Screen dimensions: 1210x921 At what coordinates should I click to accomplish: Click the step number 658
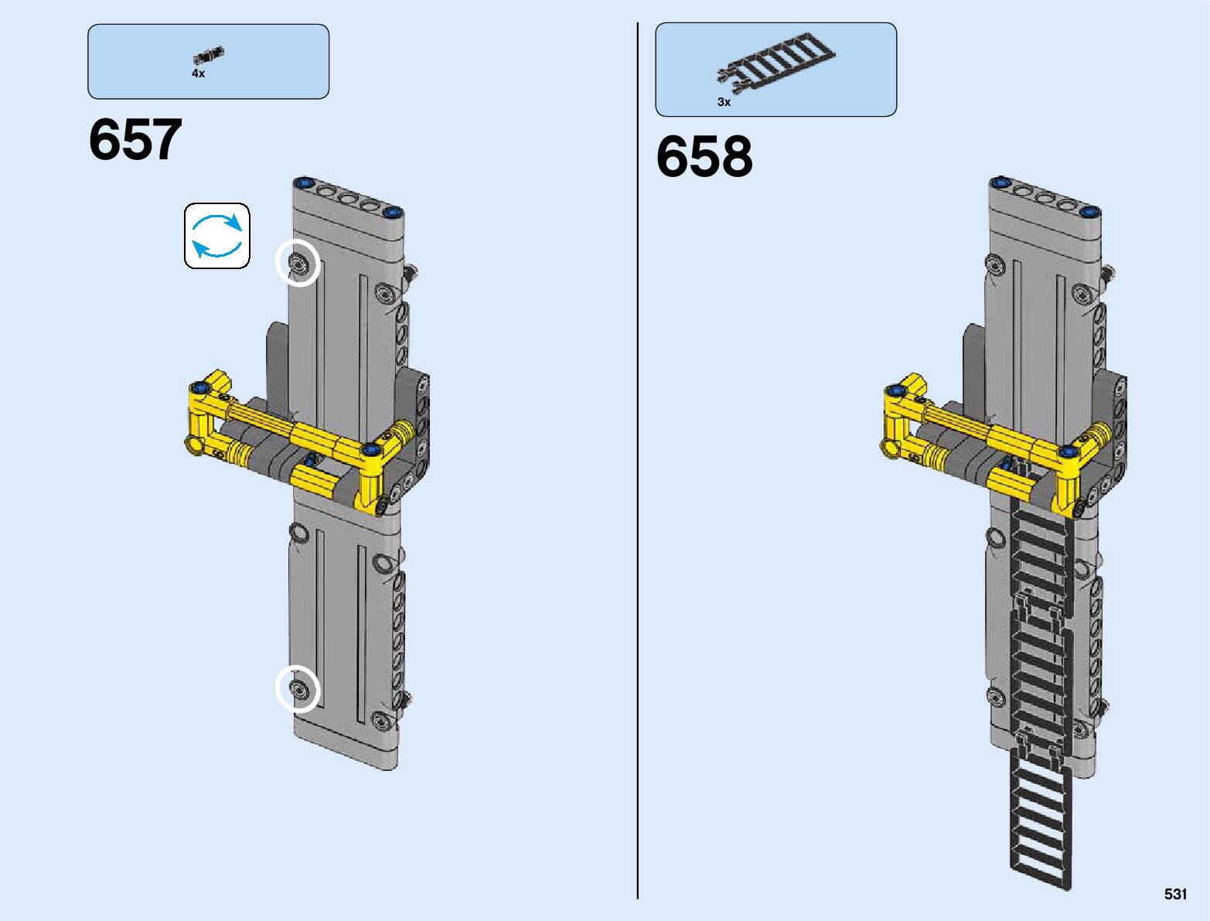[704, 156]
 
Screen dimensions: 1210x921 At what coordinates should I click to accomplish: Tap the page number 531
[1175, 894]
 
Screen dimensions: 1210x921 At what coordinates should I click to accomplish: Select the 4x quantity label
[198, 73]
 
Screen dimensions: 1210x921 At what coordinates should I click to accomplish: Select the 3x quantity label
[724, 102]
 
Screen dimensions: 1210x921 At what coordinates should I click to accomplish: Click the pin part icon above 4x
[209, 55]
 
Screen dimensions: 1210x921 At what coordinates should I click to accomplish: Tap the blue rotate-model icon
[216, 236]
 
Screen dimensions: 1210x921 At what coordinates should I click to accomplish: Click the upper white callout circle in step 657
[298, 263]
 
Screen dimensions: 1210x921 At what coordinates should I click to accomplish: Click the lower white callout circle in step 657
[298, 688]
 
